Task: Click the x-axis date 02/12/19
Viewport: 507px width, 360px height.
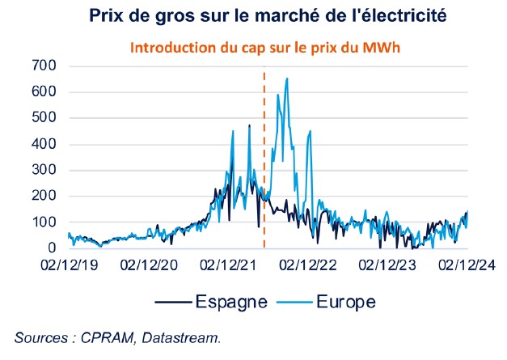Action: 69,265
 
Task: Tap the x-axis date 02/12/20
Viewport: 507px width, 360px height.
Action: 149,265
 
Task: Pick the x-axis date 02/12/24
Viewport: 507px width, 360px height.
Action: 467,265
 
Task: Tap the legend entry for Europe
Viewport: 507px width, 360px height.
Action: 342,302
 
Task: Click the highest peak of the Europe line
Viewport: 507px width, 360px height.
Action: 287,78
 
